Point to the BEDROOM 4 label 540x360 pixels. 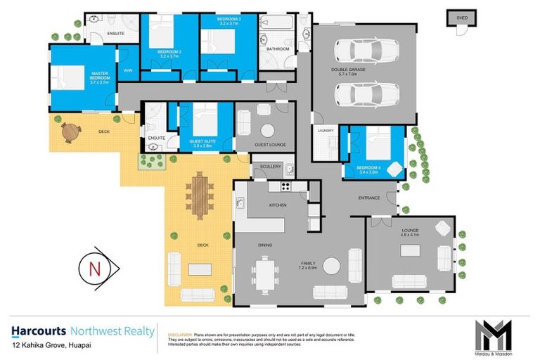pyautogui.click(x=369, y=167)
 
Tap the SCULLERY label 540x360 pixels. pyautogui.click(x=270, y=167)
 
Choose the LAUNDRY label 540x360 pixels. pyautogui.click(x=326, y=131)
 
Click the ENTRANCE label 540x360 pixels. pyautogui.click(x=369, y=198)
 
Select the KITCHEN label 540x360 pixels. pyautogui.click(x=278, y=205)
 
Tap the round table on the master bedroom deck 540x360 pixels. pyautogui.click(x=70, y=131)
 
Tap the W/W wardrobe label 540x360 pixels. pyautogui.click(x=128, y=70)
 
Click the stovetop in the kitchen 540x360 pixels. pyautogui.click(x=285, y=186)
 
